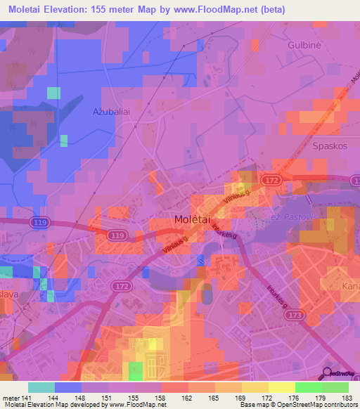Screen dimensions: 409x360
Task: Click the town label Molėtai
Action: click(189, 220)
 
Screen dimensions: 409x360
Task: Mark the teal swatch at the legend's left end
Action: click(41, 387)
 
